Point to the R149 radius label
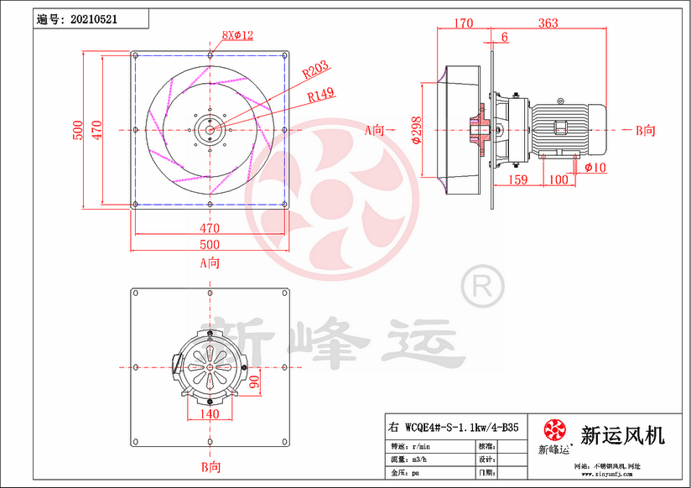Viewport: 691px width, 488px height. click(321, 95)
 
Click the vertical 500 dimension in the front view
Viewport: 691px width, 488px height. click(77, 129)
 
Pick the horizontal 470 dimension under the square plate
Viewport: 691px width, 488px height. click(210, 227)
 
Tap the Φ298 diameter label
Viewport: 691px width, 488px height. click(417, 130)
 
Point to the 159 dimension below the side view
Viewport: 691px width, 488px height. click(518, 179)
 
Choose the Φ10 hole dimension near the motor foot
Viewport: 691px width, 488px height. click(595, 168)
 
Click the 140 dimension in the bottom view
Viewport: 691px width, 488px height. click(209, 414)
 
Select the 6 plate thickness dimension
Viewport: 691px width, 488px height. click(504, 37)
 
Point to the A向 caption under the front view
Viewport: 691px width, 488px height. click(210, 262)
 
